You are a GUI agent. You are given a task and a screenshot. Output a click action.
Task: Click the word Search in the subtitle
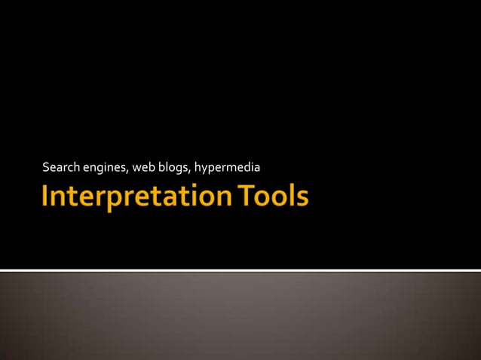click(60, 166)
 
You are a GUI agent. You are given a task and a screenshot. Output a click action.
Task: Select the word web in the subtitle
click(143, 166)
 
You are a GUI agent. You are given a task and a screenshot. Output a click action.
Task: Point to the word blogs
click(173, 166)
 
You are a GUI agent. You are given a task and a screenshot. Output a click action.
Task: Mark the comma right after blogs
click(191, 169)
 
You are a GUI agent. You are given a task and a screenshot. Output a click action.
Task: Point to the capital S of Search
click(46, 166)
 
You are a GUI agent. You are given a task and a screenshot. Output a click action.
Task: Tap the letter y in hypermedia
click(204, 167)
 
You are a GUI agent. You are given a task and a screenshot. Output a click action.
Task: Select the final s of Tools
click(302, 199)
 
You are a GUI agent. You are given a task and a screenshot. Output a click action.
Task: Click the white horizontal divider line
click(240, 270)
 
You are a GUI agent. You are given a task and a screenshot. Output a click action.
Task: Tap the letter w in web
click(136, 166)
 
